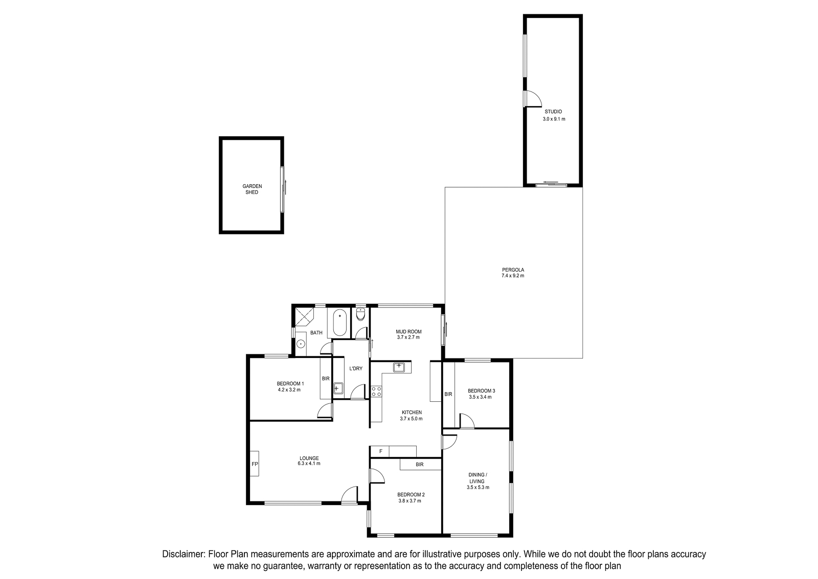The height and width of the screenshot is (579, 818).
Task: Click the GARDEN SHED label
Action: (x=252, y=189)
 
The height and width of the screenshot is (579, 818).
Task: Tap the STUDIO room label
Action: (x=553, y=112)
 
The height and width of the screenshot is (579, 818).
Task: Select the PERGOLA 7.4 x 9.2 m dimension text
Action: (x=513, y=276)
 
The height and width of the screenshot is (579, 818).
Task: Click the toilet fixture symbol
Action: (x=360, y=314)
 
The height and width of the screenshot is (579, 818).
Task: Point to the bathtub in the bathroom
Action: (x=339, y=323)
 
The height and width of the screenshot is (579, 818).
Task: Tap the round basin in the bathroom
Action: (x=301, y=344)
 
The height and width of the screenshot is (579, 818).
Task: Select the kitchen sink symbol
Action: (x=399, y=367)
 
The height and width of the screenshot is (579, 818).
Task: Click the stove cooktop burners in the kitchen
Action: (x=376, y=392)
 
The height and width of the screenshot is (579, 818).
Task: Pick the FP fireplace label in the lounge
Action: (x=255, y=464)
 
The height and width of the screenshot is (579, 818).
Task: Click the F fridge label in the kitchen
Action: (x=380, y=451)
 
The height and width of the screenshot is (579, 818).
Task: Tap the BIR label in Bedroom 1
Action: (x=326, y=378)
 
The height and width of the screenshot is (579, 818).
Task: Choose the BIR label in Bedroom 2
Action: (x=420, y=465)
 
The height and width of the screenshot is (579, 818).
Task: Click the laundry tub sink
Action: (x=338, y=389)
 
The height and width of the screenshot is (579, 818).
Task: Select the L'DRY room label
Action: (x=356, y=369)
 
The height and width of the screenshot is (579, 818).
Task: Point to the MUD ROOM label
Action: (x=408, y=331)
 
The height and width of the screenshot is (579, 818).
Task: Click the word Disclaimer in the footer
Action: (x=183, y=554)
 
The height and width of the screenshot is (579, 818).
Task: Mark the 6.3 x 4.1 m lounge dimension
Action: (x=309, y=464)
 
